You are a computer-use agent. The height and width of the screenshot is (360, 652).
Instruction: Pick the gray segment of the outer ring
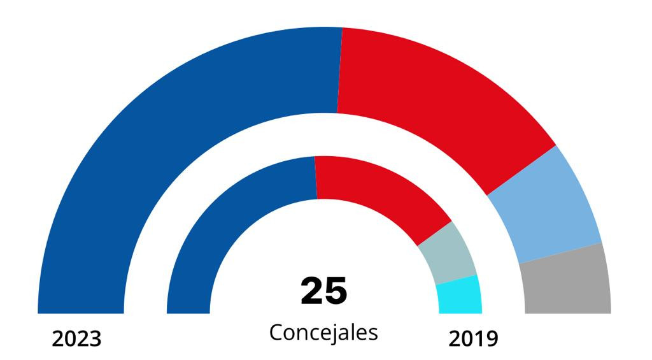click(567, 280)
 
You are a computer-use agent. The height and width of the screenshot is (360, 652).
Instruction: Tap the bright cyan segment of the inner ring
click(460, 294)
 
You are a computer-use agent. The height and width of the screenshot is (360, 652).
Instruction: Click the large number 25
click(324, 291)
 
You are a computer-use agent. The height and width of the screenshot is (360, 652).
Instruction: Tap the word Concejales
click(323, 333)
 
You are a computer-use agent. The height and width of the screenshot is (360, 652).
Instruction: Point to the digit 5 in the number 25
click(336, 291)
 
